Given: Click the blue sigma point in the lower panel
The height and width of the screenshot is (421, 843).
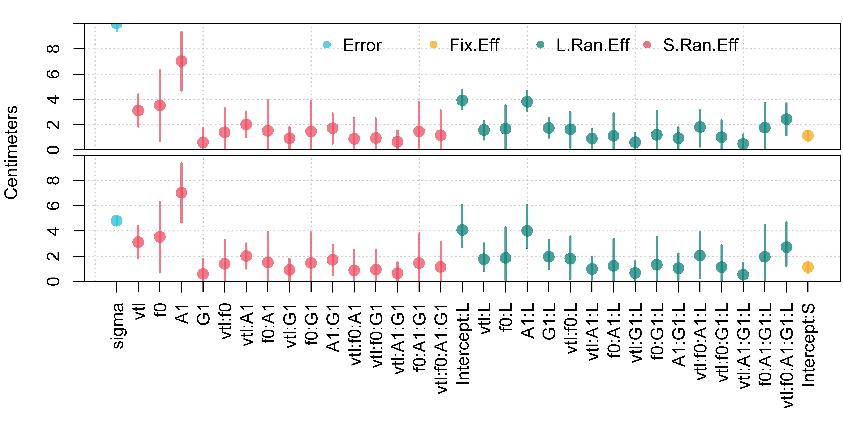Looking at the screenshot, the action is pyautogui.click(x=117, y=221).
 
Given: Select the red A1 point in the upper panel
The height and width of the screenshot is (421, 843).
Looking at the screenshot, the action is pyautogui.click(x=181, y=61).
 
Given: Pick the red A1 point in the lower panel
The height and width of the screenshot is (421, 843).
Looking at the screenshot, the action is pyautogui.click(x=181, y=193).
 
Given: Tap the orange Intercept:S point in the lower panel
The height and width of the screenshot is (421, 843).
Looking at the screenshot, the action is pyautogui.click(x=808, y=267).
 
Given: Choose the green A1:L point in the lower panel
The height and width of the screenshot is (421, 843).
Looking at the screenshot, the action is pyautogui.click(x=527, y=231).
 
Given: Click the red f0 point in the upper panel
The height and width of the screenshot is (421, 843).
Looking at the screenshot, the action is pyautogui.click(x=160, y=105).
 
